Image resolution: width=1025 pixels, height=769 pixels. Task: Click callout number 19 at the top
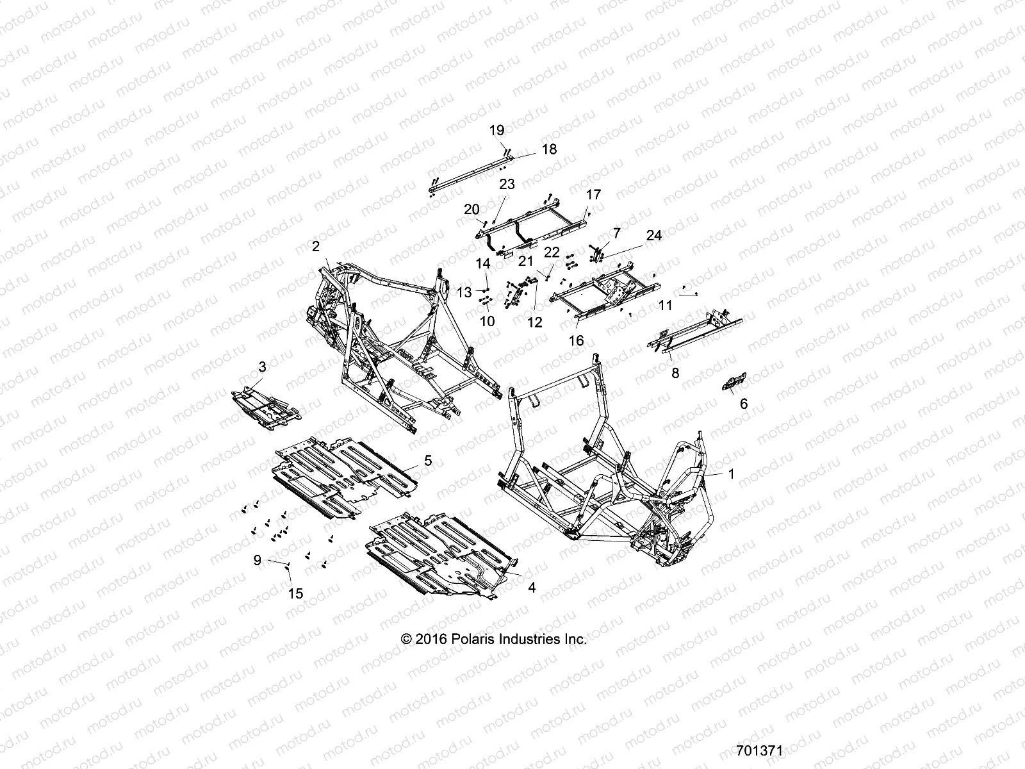pyautogui.click(x=497, y=130)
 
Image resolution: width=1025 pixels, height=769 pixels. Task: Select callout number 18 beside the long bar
pyautogui.click(x=549, y=149)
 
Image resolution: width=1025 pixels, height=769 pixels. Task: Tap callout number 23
pyautogui.click(x=506, y=185)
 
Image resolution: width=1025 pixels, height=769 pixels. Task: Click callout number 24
pyautogui.click(x=653, y=236)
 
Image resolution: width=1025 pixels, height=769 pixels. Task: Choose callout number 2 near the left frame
pyautogui.click(x=315, y=246)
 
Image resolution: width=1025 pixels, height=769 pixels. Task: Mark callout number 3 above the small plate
pyautogui.click(x=262, y=367)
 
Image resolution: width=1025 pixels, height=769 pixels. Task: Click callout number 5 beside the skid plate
pyautogui.click(x=427, y=460)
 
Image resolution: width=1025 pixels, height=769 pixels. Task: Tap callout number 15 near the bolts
pyautogui.click(x=295, y=594)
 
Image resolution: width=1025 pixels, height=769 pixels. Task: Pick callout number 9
pyautogui.click(x=258, y=560)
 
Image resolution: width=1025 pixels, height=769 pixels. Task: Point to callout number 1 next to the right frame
pyautogui.click(x=732, y=474)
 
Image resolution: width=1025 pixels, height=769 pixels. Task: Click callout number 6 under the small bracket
pyautogui.click(x=743, y=404)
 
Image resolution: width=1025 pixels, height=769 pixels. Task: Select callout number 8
pyautogui.click(x=675, y=372)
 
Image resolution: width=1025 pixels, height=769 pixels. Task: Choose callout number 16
pyautogui.click(x=577, y=341)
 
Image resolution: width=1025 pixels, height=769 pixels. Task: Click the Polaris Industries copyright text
pyautogui.click(x=493, y=639)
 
